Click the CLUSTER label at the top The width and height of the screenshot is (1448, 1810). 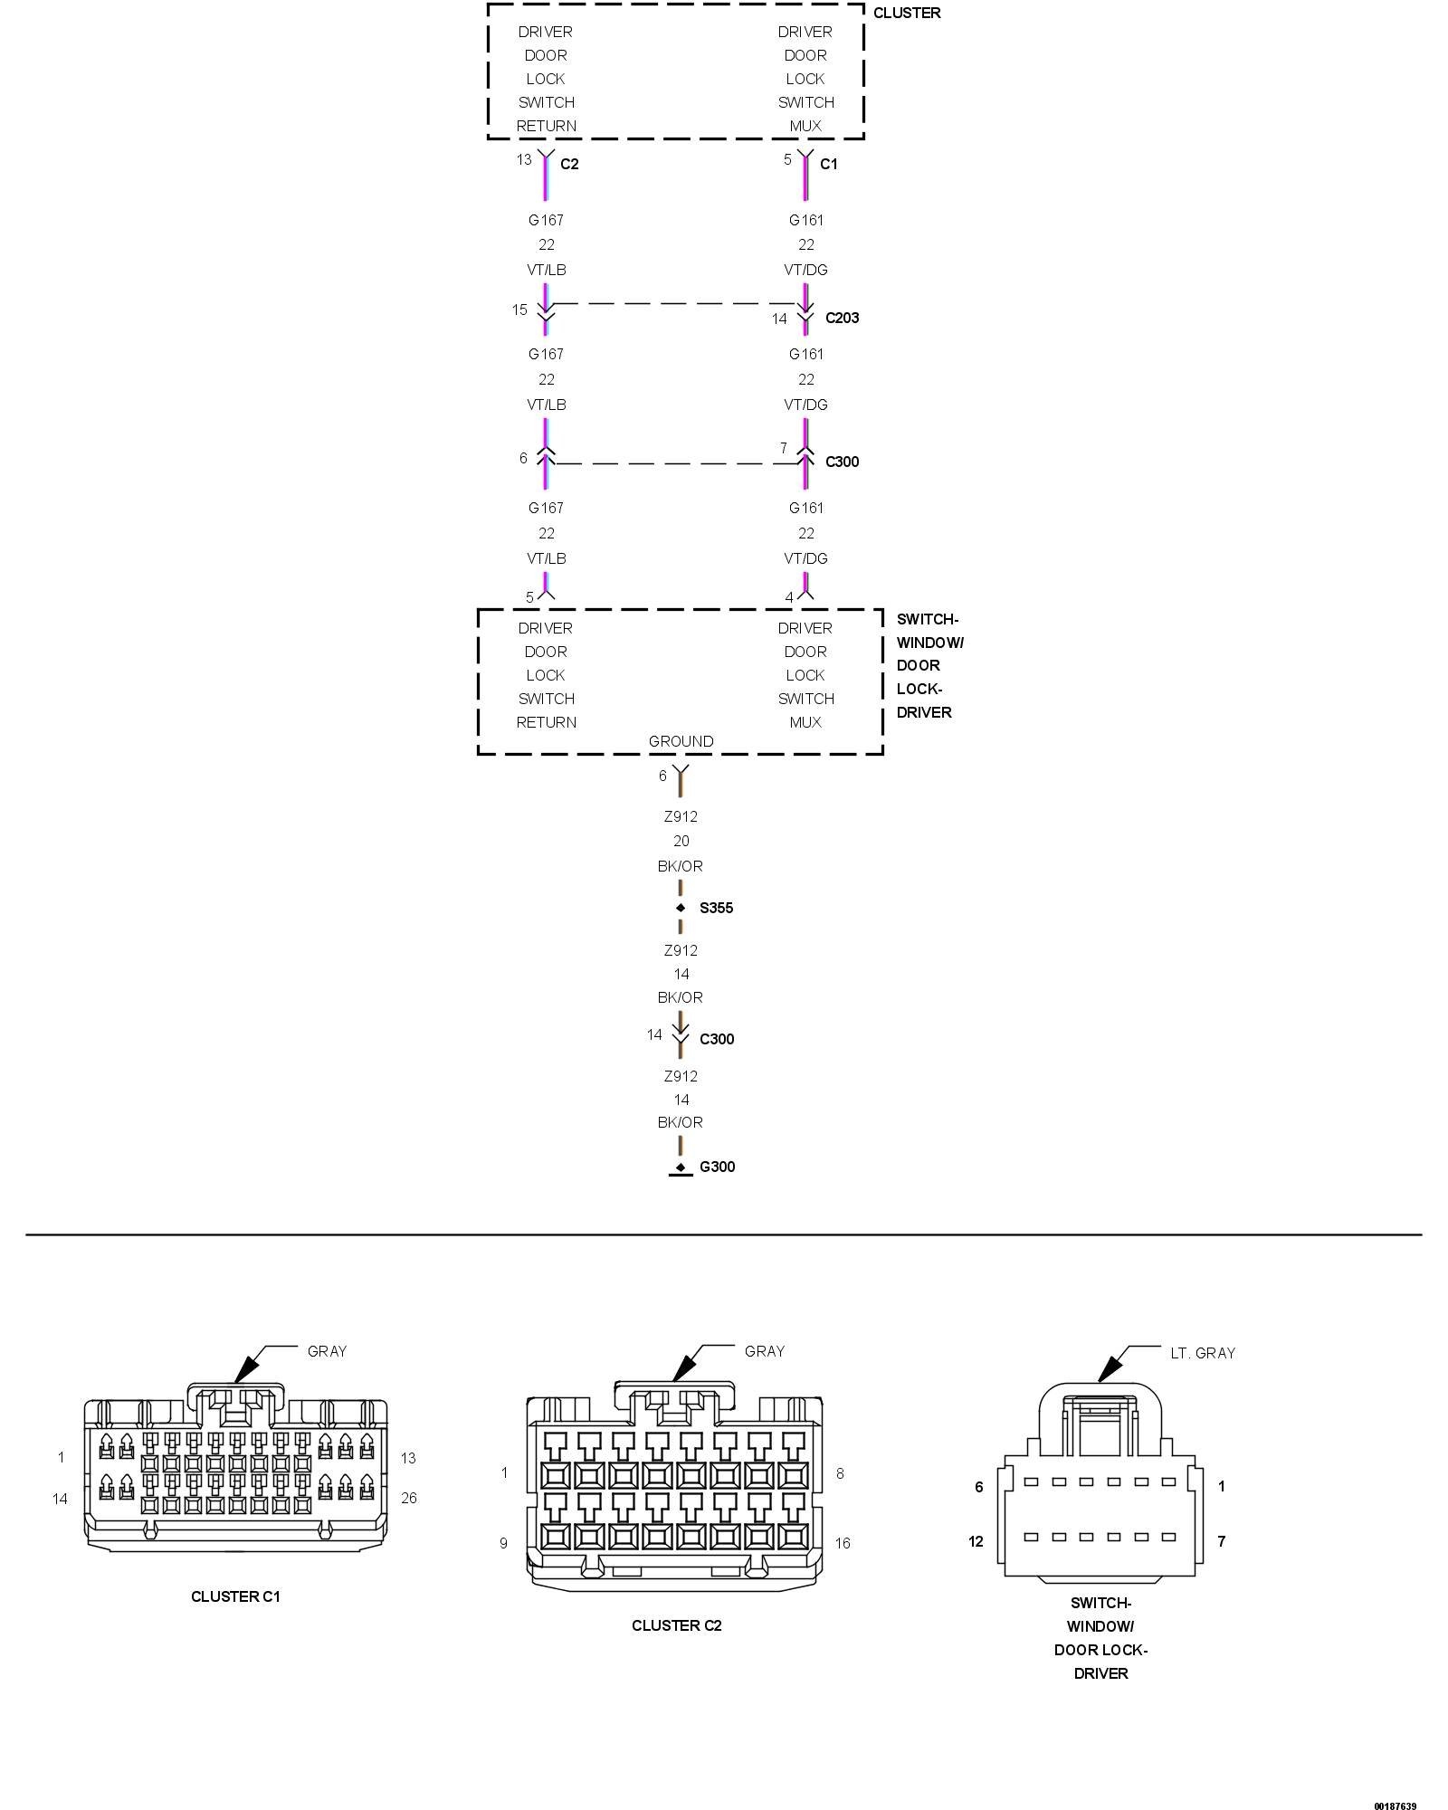click(907, 13)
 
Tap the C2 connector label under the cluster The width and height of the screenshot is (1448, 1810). click(569, 164)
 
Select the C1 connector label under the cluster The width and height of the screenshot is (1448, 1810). click(829, 164)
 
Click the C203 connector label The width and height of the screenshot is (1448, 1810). click(842, 318)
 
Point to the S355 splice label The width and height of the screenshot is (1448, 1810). click(716, 908)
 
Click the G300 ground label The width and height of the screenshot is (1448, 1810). click(717, 1167)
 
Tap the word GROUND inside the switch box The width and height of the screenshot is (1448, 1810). click(681, 741)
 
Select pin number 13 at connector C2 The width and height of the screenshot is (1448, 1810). click(524, 159)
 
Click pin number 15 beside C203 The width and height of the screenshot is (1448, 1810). click(519, 310)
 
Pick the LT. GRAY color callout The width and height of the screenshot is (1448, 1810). click(1202, 1353)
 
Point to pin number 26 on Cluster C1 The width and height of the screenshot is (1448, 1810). click(409, 1498)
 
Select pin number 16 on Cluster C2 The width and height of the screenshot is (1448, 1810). click(843, 1543)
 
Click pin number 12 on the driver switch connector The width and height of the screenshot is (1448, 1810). click(976, 1541)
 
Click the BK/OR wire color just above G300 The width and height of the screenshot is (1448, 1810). click(681, 1122)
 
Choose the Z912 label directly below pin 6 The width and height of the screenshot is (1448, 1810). click(681, 816)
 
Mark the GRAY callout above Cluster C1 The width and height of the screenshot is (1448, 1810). click(327, 1351)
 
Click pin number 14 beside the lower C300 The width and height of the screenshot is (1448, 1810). click(654, 1034)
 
